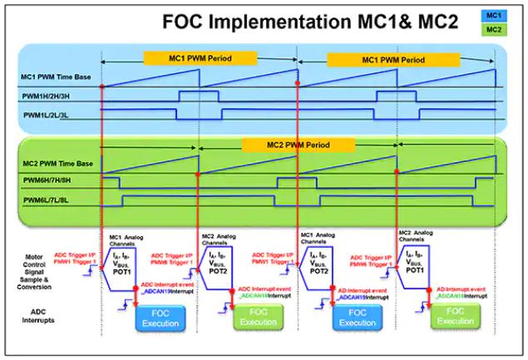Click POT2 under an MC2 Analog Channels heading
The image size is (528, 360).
(x=219, y=272)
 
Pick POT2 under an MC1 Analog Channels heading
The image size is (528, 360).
(x=320, y=272)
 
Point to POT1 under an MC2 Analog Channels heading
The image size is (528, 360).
(x=418, y=272)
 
